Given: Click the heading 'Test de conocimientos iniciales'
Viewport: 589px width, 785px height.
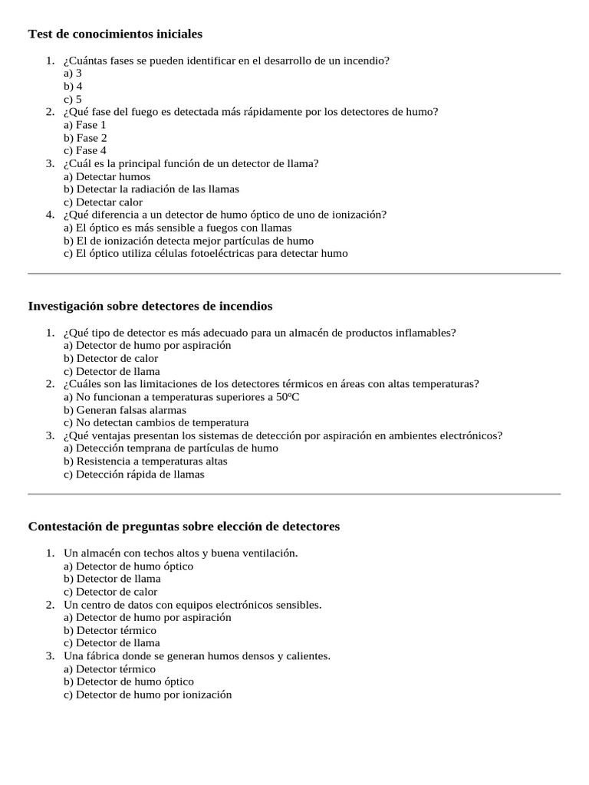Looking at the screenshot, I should pyautogui.click(x=115, y=34).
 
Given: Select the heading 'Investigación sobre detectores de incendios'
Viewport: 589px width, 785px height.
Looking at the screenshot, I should pyautogui.click(x=150, y=306).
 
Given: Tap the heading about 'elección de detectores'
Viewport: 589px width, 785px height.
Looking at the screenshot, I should pyautogui.click(x=183, y=527).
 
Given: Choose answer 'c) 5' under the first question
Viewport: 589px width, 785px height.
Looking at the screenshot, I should pyautogui.click(x=73, y=99).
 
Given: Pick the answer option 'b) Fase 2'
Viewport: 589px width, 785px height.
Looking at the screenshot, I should pyautogui.click(x=85, y=138).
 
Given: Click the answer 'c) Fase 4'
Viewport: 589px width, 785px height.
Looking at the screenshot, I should pyautogui.click(x=85, y=150).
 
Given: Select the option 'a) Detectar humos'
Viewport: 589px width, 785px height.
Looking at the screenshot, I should pyautogui.click(x=107, y=176).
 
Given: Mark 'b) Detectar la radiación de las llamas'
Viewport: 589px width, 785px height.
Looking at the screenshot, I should pyautogui.click(x=151, y=189).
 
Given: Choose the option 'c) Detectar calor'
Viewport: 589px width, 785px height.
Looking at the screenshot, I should pyautogui.click(x=104, y=202).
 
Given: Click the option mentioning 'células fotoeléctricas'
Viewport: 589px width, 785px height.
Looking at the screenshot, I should pyautogui.click(x=206, y=253).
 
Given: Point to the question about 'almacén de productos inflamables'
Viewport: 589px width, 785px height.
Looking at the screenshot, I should pyautogui.click(x=260, y=333).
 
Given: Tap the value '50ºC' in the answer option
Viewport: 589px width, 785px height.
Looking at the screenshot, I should pyautogui.click(x=288, y=397).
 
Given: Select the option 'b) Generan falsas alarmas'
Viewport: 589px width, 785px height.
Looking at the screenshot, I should pyautogui.click(x=125, y=410).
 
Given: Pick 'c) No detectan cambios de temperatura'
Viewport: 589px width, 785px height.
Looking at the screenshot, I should pyautogui.click(x=156, y=422).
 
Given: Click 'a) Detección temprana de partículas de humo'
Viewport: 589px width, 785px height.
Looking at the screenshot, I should pyautogui.click(x=171, y=448).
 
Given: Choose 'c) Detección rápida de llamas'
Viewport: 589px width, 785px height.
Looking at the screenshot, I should pyautogui.click(x=134, y=474).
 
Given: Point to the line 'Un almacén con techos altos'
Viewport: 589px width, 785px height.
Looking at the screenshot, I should pyautogui.click(x=180, y=553).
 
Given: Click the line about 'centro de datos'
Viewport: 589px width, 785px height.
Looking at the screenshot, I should pyautogui.click(x=192, y=604).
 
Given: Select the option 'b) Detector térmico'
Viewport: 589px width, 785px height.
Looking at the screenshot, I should pyautogui.click(x=110, y=630).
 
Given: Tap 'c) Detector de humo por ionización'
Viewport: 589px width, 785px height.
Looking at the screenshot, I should pyautogui.click(x=148, y=695).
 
